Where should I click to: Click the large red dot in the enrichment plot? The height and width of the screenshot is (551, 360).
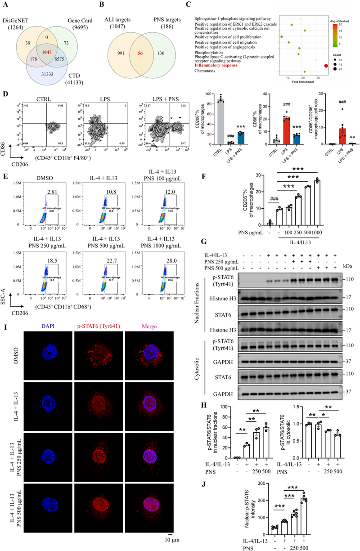[x=325, y=66]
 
